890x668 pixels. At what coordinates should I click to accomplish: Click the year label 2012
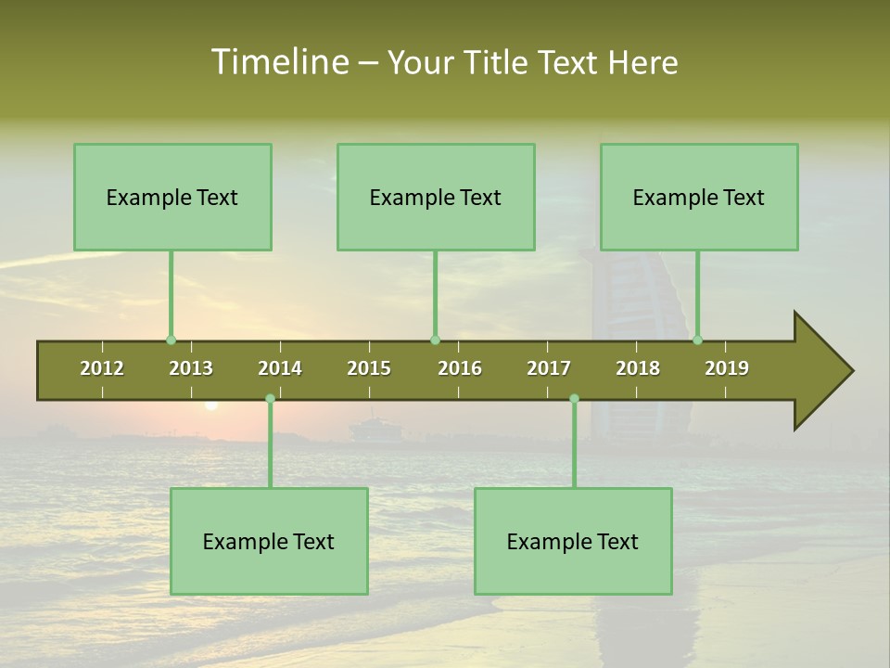pos(102,368)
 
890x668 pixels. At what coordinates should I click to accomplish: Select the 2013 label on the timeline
pos(191,368)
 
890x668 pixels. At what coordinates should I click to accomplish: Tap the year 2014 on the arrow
pos(280,368)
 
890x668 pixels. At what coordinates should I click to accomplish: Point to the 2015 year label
pos(369,368)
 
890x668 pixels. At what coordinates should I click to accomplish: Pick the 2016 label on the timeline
pos(460,368)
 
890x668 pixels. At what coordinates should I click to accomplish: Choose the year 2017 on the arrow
pos(549,368)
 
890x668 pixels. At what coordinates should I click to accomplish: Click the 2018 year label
pos(638,368)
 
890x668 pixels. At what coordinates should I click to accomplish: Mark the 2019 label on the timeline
pos(727,368)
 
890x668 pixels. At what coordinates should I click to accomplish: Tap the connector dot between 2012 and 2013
pos(171,340)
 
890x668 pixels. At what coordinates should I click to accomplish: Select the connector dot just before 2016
pos(435,340)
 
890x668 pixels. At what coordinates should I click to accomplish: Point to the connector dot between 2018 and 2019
pos(697,340)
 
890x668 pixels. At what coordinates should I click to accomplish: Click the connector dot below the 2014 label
pos(270,399)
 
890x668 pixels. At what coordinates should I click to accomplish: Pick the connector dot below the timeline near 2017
pos(574,399)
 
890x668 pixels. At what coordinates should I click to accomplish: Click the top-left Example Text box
pos(172,197)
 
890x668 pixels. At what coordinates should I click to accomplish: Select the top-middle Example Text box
pos(436,197)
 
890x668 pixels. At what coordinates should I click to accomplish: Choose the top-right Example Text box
pos(699,197)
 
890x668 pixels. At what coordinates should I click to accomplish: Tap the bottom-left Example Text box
pos(269,541)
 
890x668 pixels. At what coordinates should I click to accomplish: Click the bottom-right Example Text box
pos(573,541)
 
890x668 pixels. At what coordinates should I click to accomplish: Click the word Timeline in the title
pos(278,62)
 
